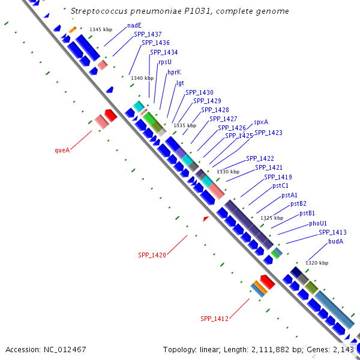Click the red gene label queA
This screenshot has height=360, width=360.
[62, 150]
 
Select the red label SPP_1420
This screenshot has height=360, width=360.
[152, 255]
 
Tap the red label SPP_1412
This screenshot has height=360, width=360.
[214, 319]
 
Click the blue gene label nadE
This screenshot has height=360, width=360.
[134, 26]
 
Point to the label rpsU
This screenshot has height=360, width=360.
[165, 62]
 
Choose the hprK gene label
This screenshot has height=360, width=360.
[174, 72]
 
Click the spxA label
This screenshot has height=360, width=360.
[261, 122]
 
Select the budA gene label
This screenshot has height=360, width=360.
[335, 241]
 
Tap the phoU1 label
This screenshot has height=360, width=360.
[318, 223]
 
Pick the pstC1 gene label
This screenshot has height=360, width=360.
[281, 186]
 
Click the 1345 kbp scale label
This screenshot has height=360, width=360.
[101, 29]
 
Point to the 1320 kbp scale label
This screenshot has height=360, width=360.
[317, 263]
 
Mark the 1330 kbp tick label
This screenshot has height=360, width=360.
[228, 172]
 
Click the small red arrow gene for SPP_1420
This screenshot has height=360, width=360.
[206, 220]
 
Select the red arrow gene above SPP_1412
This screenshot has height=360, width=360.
[267, 281]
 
